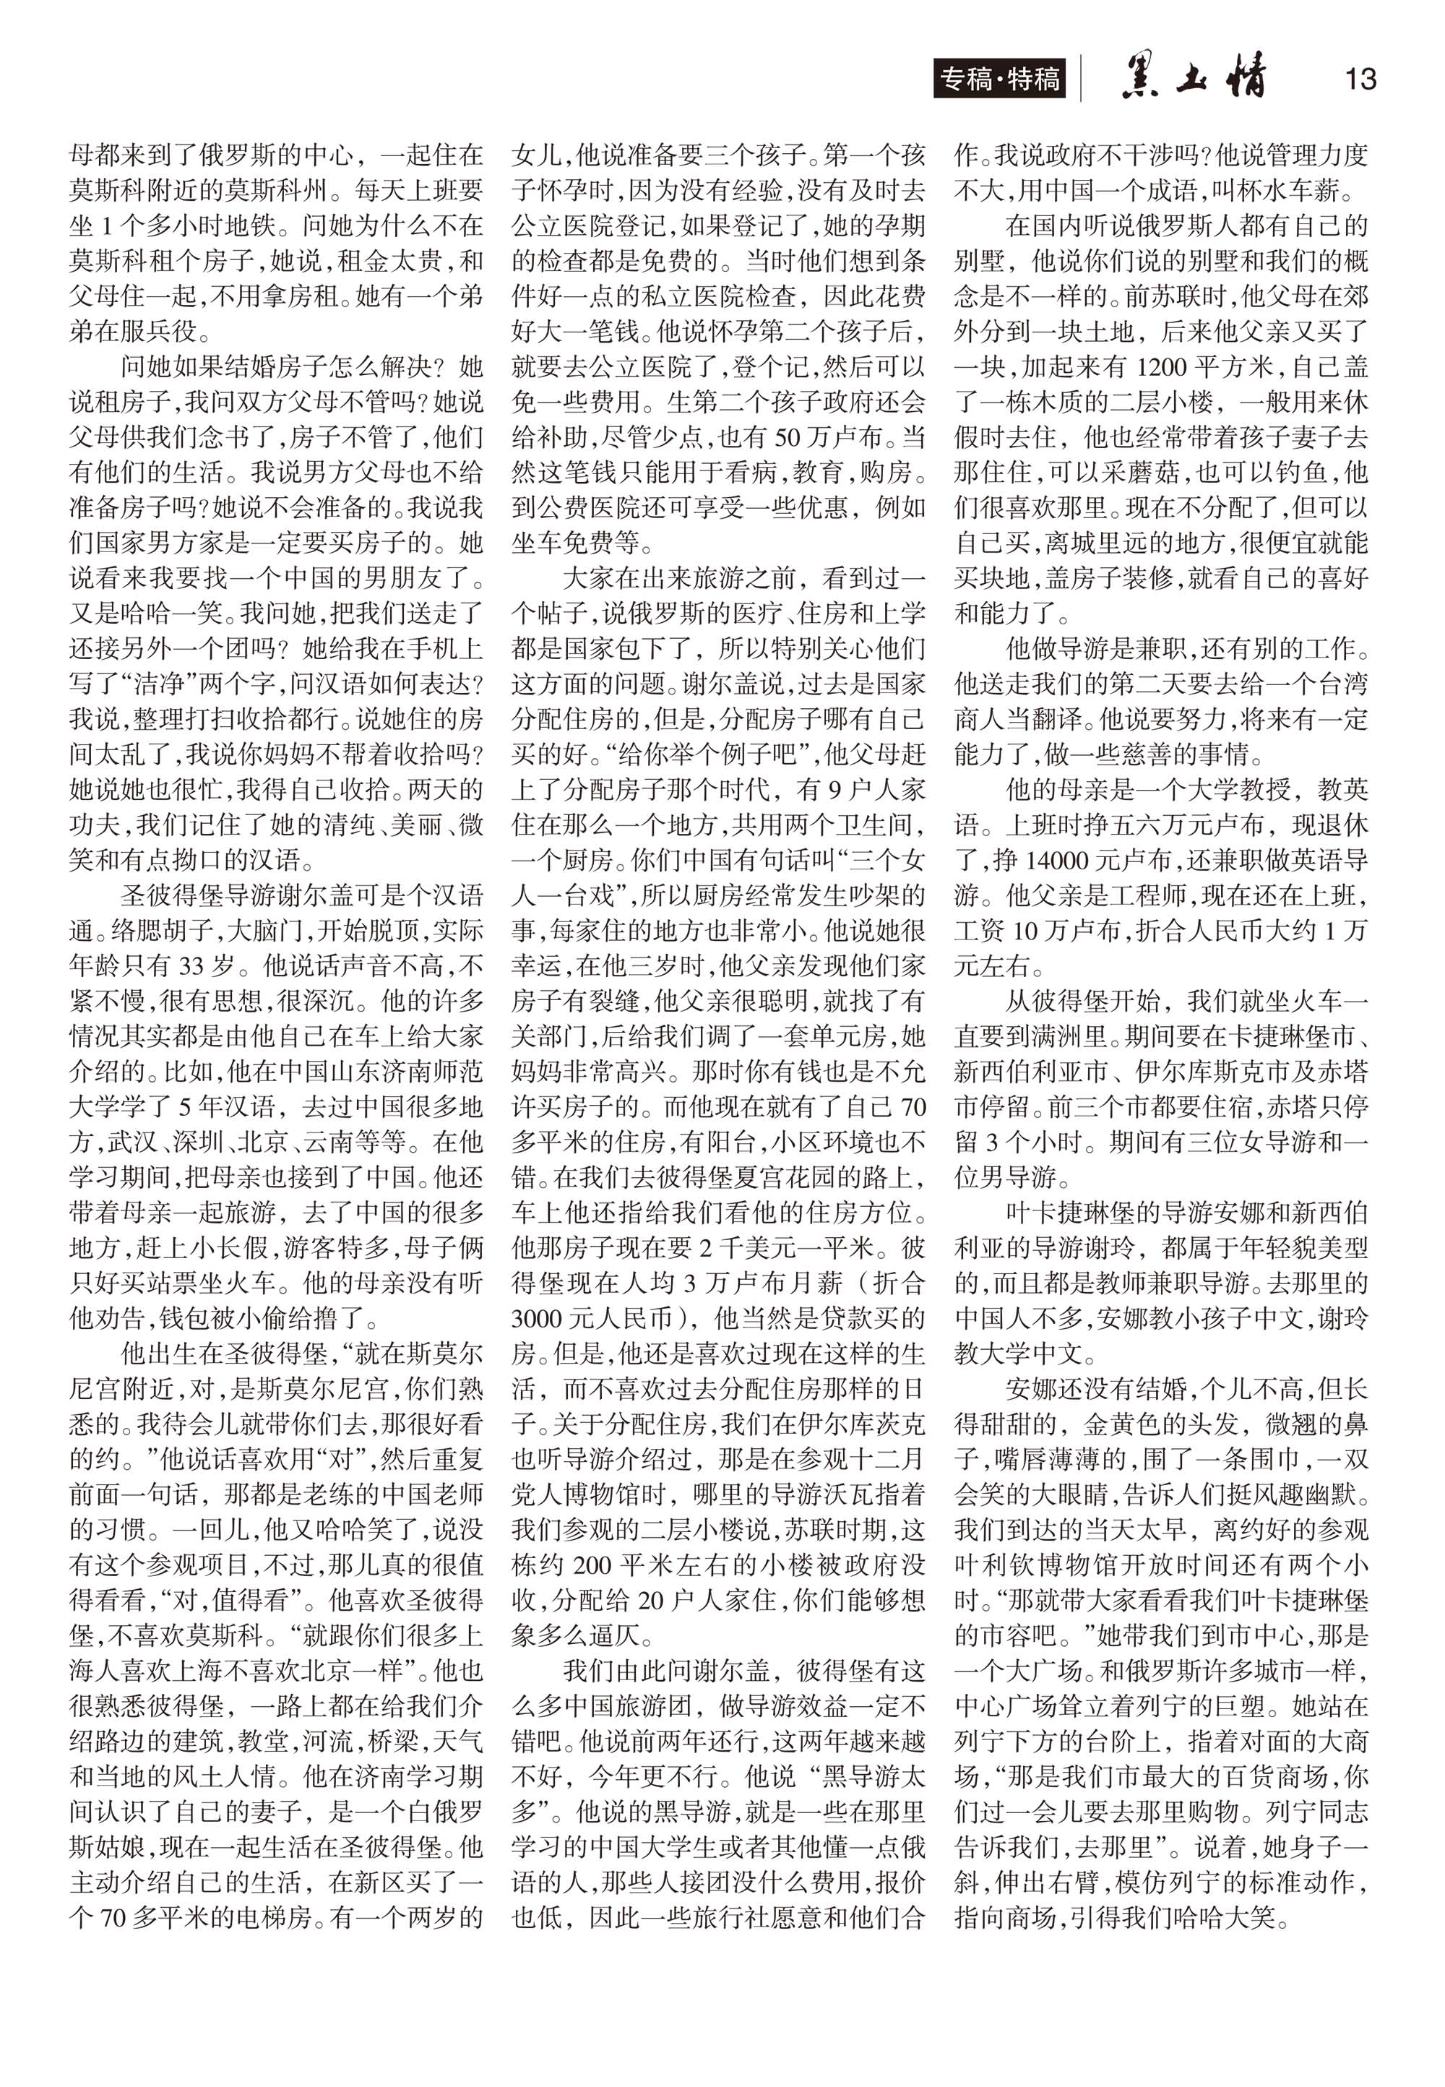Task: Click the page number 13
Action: click(x=1360, y=79)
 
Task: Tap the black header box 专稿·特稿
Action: click(x=999, y=79)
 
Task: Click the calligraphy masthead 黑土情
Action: click(x=1194, y=79)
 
